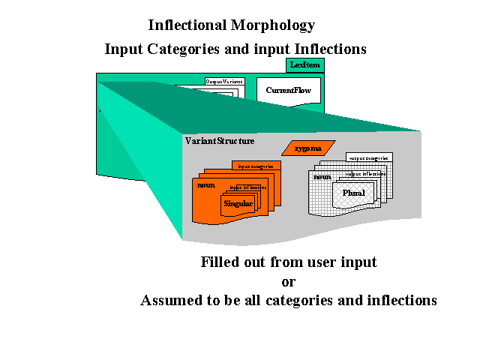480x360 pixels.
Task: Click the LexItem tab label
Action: click(x=305, y=66)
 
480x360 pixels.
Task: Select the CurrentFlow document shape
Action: click(x=289, y=91)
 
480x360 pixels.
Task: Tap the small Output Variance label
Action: click(x=221, y=81)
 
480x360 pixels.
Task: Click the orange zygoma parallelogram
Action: click(x=307, y=148)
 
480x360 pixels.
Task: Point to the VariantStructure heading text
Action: click(x=220, y=140)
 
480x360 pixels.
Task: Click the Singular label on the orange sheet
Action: click(x=238, y=202)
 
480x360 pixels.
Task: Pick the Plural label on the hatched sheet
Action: click(x=354, y=193)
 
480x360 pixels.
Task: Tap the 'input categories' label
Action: click(x=256, y=166)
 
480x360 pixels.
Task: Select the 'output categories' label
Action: click(x=367, y=158)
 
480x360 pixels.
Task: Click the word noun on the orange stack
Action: click(x=206, y=184)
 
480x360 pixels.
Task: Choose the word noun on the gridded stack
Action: click(x=322, y=177)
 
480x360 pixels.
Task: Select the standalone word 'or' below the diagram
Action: click(x=288, y=282)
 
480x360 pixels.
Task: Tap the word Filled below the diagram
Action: click(x=220, y=262)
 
